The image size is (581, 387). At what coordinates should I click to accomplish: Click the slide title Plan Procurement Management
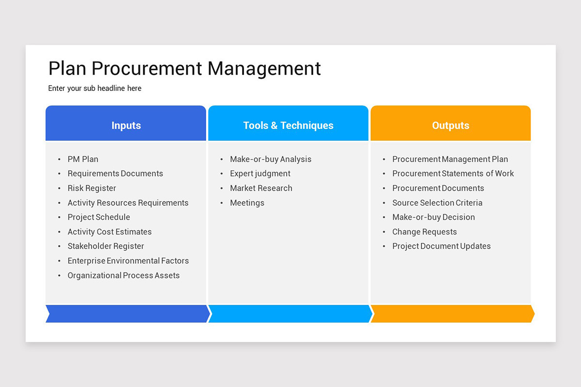click(184, 68)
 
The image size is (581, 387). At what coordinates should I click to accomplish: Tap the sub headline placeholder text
click(95, 89)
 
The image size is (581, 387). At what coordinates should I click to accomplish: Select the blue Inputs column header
click(126, 125)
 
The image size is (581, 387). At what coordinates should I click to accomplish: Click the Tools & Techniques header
click(288, 125)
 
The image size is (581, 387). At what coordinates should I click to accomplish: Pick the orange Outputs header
click(450, 125)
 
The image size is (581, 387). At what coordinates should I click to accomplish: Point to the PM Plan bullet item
click(83, 159)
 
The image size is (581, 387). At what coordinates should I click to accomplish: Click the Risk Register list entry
click(92, 188)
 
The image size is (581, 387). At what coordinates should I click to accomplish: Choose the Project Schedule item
click(99, 217)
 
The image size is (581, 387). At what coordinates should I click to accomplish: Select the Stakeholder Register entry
click(106, 246)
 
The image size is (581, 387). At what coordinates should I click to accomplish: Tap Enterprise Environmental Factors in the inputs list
click(128, 261)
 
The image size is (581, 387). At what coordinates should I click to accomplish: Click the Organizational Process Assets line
click(123, 275)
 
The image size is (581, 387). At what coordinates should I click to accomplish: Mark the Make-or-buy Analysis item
click(271, 159)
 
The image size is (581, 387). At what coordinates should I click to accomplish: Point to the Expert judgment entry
click(260, 174)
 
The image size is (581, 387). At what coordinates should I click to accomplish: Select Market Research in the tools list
click(261, 188)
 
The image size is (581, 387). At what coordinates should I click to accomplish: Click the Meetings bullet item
click(247, 203)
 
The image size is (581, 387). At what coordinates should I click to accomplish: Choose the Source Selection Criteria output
click(437, 203)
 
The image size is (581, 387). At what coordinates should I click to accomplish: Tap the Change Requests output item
click(425, 232)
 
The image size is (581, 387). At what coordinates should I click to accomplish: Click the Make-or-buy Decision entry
click(433, 217)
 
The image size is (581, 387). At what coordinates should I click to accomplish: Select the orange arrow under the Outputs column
click(451, 313)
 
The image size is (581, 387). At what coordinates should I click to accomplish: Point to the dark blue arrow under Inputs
click(127, 313)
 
